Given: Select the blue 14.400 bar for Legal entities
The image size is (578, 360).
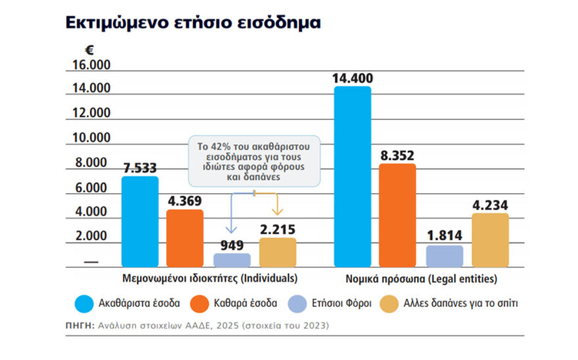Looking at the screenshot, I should point(353,177).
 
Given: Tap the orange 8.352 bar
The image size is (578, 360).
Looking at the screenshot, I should point(397,215).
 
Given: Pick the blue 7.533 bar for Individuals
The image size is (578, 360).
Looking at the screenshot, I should point(140,221).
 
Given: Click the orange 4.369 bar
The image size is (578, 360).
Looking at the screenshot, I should point(185,238).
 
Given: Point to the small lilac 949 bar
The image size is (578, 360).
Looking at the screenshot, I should point(232,259).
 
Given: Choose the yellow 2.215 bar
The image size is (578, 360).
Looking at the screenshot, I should point(277,252).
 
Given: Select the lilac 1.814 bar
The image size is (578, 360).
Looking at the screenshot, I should point(445,256).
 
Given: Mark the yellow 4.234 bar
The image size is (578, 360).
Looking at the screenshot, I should point(490,240).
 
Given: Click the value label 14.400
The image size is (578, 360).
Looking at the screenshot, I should point(352,78).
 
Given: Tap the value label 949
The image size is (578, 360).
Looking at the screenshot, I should point(232,245).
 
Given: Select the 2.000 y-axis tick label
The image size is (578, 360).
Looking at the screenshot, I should point(91,236).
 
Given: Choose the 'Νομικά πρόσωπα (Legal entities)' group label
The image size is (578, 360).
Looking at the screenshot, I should point(421,278).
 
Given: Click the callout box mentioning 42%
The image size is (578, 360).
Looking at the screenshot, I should point(254,160).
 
